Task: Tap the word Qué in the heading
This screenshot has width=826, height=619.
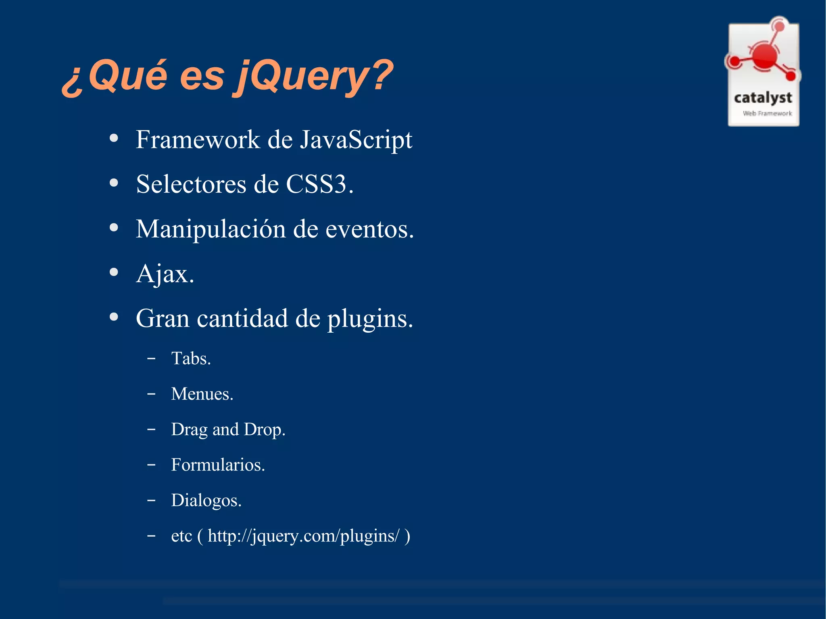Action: click(127, 76)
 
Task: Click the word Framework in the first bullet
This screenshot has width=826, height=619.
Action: click(198, 140)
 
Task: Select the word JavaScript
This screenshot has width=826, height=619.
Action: click(356, 140)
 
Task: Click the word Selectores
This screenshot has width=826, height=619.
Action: click(191, 185)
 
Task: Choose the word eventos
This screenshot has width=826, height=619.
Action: click(369, 229)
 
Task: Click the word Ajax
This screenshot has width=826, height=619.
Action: click(165, 274)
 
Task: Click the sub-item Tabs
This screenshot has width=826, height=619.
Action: click(191, 358)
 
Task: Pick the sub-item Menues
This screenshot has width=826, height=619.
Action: click(202, 394)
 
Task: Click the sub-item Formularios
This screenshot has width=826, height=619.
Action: click(218, 465)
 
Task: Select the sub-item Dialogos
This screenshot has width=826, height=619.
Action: click(206, 500)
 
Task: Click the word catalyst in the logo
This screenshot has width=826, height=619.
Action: click(763, 98)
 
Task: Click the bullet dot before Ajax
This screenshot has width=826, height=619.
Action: click(114, 272)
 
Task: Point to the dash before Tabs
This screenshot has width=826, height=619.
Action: click(151, 358)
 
